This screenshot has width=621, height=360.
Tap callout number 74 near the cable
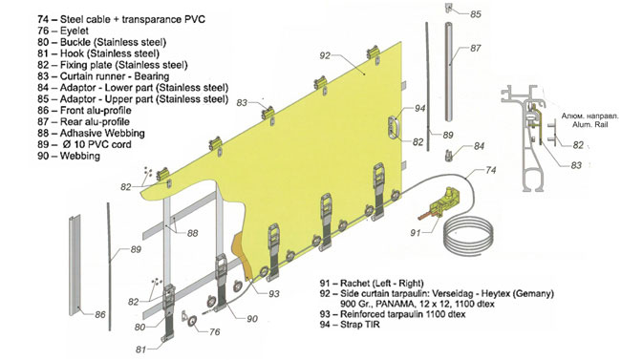[x=490, y=170]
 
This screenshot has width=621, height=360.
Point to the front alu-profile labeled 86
[x=75, y=264]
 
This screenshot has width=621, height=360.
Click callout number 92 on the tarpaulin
[x=325, y=55]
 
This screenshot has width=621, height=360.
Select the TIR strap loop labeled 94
[x=395, y=127]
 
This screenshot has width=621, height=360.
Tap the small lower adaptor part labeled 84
[x=449, y=155]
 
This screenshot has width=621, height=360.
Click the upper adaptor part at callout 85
[x=450, y=7]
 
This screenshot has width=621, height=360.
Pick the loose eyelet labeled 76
[x=193, y=321]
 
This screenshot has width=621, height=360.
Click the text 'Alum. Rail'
[x=589, y=124]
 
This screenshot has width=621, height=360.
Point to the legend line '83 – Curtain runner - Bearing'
[x=103, y=76]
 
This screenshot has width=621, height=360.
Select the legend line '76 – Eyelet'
[x=63, y=31]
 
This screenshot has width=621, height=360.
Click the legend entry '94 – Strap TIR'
[x=350, y=325]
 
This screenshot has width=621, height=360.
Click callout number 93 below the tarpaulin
[x=274, y=293]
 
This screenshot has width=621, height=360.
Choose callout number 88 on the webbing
[x=192, y=233]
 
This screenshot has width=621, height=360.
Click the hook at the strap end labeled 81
[x=167, y=338]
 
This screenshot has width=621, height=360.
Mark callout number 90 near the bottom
[x=252, y=319]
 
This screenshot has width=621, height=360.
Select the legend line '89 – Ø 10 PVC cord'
[x=84, y=144]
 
